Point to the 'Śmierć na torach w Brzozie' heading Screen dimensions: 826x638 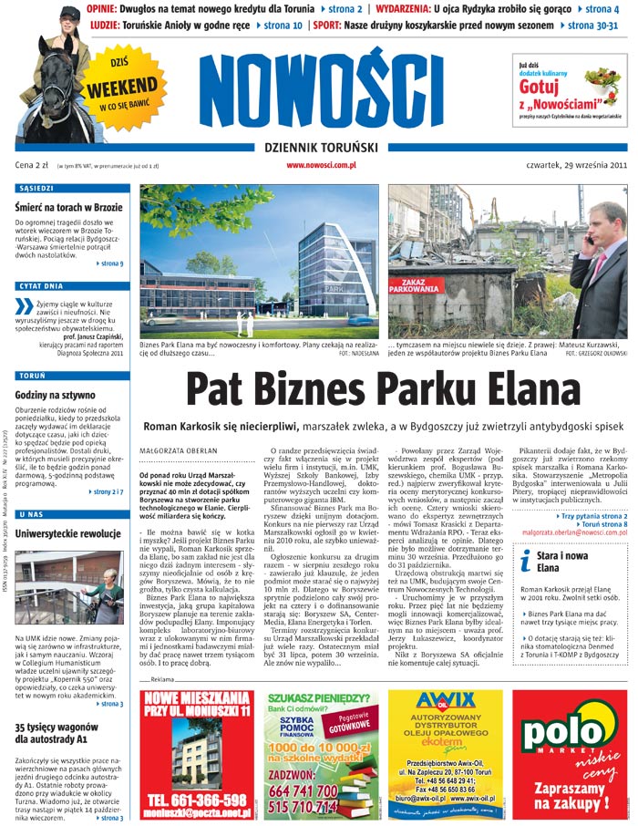[69, 207]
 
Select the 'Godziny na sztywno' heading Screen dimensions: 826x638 [56, 395]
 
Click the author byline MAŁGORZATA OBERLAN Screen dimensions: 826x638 [179, 449]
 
